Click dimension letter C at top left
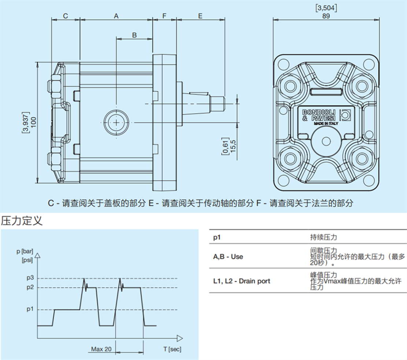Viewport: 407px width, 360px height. [65, 16]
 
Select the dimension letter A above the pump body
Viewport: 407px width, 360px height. [116, 16]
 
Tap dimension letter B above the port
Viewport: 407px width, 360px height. [134, 35]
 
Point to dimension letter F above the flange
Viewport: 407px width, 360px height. [164, 16]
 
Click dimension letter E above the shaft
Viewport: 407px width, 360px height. [200, 16]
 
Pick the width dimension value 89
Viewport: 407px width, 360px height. [326, 16]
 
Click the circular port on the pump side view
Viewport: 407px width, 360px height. [116, 122]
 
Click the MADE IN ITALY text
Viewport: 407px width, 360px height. [326, 124]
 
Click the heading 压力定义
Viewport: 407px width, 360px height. [22, 220]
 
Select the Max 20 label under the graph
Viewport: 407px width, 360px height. [101, 349]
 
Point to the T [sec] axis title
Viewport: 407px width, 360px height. [172, 349]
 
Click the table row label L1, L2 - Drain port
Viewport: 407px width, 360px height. [241, 281]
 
